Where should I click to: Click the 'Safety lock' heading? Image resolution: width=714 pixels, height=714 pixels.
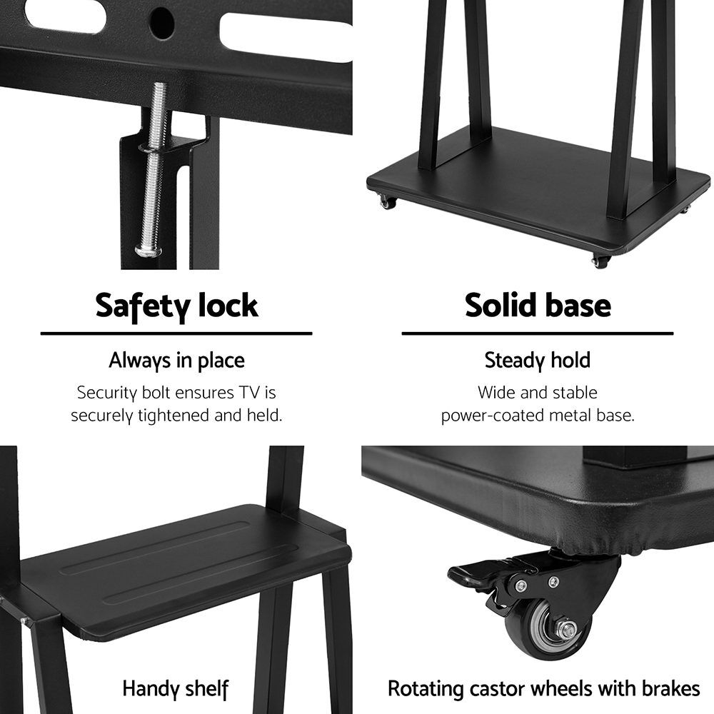[176, 306]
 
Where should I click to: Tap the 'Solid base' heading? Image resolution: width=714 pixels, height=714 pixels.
[538, 305]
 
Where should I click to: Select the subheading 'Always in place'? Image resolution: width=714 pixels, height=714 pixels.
[176, 361]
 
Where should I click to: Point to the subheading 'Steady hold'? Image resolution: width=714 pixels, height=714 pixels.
[538, 361]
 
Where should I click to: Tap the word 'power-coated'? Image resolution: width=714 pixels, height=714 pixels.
[493, 416]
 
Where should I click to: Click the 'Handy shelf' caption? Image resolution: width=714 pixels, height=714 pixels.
[176, 689]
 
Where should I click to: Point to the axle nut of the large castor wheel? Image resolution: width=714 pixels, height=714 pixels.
[568, 630]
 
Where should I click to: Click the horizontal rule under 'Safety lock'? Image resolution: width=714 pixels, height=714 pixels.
[176, 333]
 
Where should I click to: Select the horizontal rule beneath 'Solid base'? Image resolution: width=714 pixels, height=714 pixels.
[538, 333]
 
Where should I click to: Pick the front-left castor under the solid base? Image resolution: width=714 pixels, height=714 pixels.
[388, 202]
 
